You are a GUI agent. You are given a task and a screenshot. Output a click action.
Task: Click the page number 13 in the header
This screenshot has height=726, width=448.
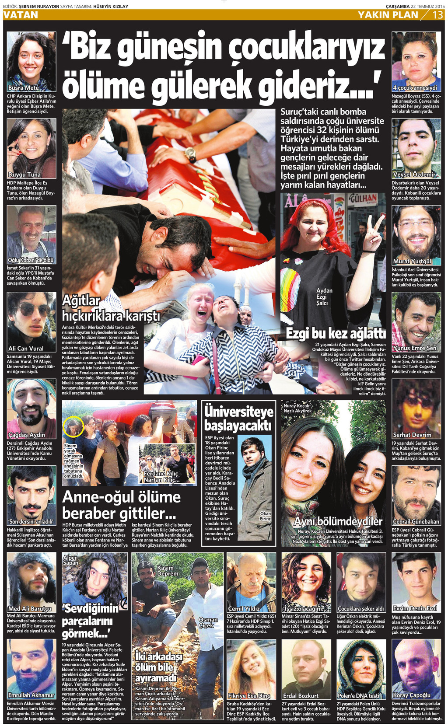click(438, 15)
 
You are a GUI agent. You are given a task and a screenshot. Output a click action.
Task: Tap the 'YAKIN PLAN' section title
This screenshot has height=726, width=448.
click(388, 15)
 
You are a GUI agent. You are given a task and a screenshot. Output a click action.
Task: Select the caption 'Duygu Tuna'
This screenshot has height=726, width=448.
click(24, 175)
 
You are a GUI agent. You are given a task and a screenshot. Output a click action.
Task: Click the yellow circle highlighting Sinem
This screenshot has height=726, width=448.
click(73, 427)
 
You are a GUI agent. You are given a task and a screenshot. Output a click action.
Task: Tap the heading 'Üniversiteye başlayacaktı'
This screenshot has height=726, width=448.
click(238, 418)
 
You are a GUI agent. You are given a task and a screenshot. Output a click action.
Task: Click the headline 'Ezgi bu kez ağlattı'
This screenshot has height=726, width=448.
click(336, 334)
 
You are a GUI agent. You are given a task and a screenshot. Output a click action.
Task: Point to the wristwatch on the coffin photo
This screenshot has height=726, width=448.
click(190, 154)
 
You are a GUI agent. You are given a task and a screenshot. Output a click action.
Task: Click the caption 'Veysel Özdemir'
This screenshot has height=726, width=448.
click(414, 175)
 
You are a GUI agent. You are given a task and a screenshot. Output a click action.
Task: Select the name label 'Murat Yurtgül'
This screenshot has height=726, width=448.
click(412, 261)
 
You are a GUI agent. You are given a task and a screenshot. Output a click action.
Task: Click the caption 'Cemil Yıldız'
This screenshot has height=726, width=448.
click(244, 608)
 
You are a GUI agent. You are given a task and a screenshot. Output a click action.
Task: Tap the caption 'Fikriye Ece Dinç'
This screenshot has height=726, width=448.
click(249, 695)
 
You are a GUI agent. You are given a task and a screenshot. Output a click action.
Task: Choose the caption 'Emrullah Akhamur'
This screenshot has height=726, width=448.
click(31, 695)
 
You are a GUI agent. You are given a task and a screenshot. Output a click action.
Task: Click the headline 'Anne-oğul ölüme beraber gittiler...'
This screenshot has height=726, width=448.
click(121, 505)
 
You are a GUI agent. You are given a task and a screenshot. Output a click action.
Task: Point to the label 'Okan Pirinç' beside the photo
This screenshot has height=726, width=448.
click(265, 516)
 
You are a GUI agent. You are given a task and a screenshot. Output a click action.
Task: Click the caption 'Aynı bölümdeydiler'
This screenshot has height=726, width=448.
click(338, 521)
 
